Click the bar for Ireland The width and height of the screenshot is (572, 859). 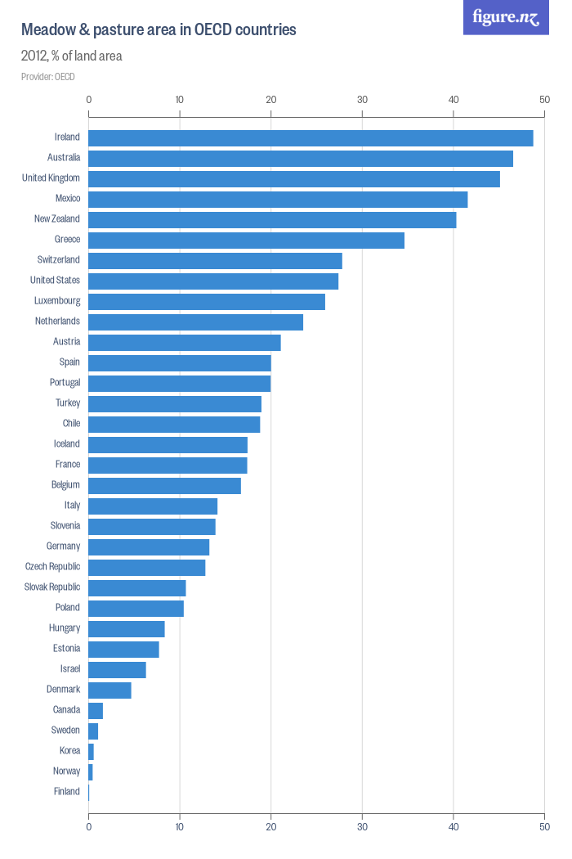[311, 138]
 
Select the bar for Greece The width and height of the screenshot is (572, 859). [246, 241]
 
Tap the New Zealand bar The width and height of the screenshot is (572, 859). [272, 220]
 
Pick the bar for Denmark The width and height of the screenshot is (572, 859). [109, 690]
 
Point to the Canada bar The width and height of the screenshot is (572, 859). [96, 711]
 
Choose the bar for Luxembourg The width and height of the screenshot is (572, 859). [207, 302]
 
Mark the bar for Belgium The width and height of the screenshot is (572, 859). [164, 486]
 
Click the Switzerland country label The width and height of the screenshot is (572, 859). [59, 260]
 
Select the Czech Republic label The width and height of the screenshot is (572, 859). [52, 567]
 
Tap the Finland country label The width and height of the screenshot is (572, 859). [67, 792]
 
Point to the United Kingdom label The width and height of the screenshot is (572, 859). [51, 178]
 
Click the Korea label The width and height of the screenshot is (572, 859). [69, 751]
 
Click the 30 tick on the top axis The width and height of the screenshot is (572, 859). [362, 100]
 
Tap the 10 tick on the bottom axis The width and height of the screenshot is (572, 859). [180, 827]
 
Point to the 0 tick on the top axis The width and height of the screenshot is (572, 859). [88, 100]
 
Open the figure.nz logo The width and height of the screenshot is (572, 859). [506, 17]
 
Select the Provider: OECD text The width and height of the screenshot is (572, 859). [48, 77]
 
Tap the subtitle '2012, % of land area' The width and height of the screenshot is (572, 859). [71, 56]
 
